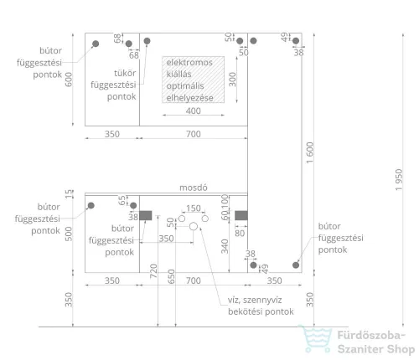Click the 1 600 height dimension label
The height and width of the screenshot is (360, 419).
pyautogui.click(x=310, y=152)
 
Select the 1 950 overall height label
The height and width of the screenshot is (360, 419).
pyautogui.click(x=399, y=180)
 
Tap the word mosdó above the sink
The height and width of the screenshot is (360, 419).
pyautogui.click(x=194, y=188)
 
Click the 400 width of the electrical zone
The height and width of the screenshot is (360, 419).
pyautogui.click(x=194, y=111)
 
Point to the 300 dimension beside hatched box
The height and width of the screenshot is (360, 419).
pyautogui.click(x=232, y=80)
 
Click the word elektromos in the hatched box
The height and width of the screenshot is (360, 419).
pyautogui.click(x=189, y=62)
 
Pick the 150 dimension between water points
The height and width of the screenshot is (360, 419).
pyautogui.click(x=194, y=208)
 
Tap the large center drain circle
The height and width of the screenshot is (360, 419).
pyautogui.click(x=194, y=226)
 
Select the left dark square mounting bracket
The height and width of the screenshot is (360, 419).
pyautogui.click(x=146, y=215)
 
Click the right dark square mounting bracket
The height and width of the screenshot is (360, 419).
pyautogui.click(x=241, y=215)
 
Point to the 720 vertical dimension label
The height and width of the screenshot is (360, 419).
pyautogui.click(x=153, y=271)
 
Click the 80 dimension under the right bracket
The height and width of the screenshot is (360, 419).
pyautogui.click(x=240, y=234)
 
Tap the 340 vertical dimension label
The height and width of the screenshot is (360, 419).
pyautogui.click(x=225, y=246)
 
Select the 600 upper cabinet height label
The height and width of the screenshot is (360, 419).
pyautogui.click(x=69, y=80)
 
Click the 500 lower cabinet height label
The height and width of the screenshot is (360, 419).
pyautogui.click(x=69, y=234)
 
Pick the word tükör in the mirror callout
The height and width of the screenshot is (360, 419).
pyautogui.click(x=125, y=73)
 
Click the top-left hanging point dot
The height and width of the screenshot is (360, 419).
pyautogui.click(x=96, y=44)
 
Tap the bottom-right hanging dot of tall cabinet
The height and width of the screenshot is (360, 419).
pyautogui.click(x=296, y=265)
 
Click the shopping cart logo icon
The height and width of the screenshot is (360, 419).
pyautogui.click(x=315, y=338)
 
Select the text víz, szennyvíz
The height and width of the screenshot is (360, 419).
pyautogui.click(x=255, y=301)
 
